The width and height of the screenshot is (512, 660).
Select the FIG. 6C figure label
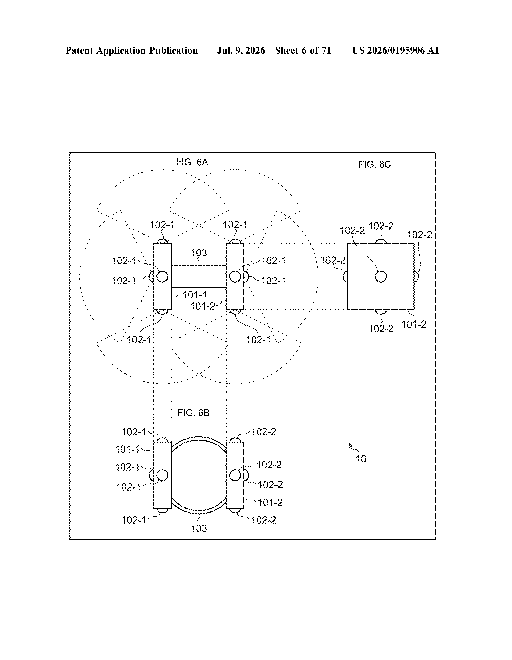point(374,164)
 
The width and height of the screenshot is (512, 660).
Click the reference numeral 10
point(361,459)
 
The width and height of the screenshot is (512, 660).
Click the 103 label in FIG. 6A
point(199,252)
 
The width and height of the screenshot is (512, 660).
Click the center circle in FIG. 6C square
point(381,277)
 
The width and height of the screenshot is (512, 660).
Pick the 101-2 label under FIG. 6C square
point(414,324)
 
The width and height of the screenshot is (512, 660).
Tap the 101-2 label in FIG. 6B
point(270,503)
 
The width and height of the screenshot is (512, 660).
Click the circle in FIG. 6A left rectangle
point(162,277)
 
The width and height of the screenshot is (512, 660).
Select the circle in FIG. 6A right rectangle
point(235,277)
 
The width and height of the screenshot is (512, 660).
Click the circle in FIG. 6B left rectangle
point(162,475)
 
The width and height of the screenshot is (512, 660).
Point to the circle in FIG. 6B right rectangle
point(235,475)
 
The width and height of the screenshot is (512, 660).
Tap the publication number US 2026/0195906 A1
point(396,50)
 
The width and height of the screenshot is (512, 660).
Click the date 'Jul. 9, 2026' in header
point(241,50)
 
